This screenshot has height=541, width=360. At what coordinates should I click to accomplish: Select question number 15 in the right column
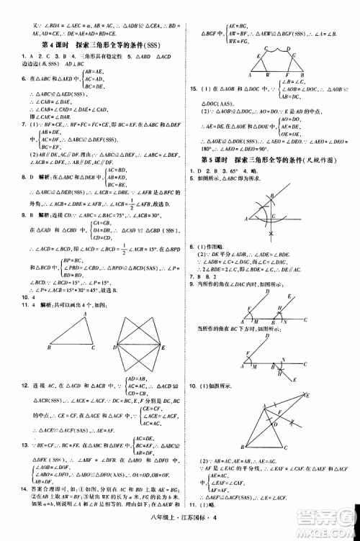click(193, 88)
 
